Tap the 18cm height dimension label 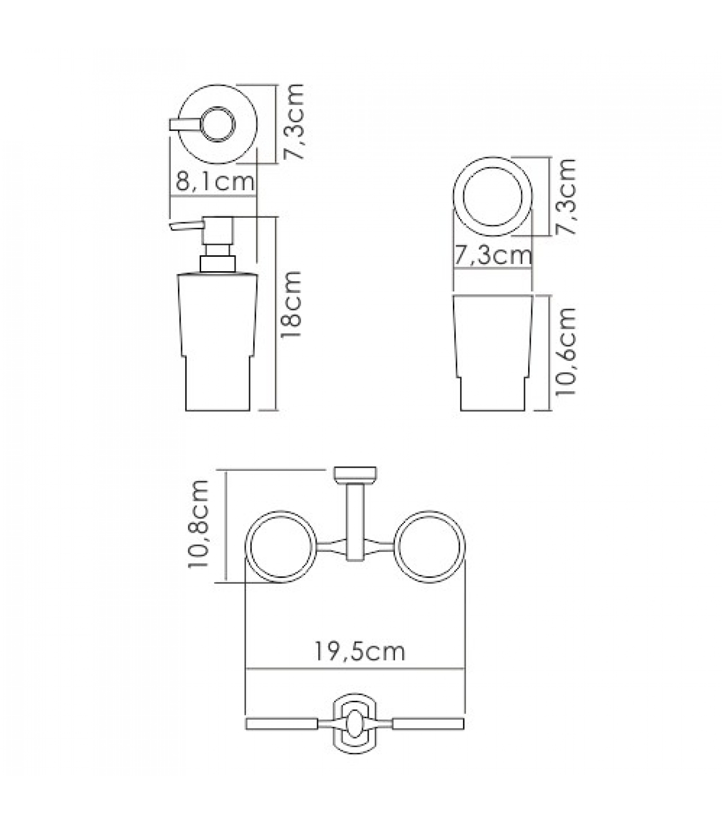tap(291, 305)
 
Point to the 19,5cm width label tap(360, 652)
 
